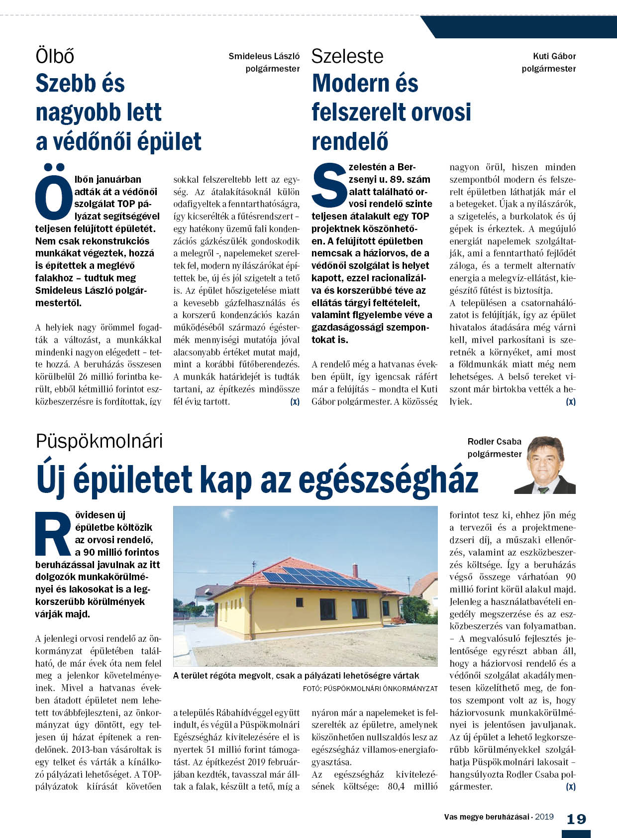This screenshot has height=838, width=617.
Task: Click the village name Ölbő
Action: tap(55, 56)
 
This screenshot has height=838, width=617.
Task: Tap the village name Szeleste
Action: tap(347, 56)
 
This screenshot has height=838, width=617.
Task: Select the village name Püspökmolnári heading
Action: tap(99, 441)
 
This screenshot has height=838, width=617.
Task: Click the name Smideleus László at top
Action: tap(264, 56)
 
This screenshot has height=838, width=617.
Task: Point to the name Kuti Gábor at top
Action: tap(554, 56)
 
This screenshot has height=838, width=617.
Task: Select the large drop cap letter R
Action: tap(53, 533)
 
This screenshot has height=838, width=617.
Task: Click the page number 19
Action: tap(576, 819)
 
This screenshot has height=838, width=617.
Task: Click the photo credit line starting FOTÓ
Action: tap(370, 689)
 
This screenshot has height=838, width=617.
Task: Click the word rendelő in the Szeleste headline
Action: tap(349, 142)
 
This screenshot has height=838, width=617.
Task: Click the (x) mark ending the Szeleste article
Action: tap(570, 401)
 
